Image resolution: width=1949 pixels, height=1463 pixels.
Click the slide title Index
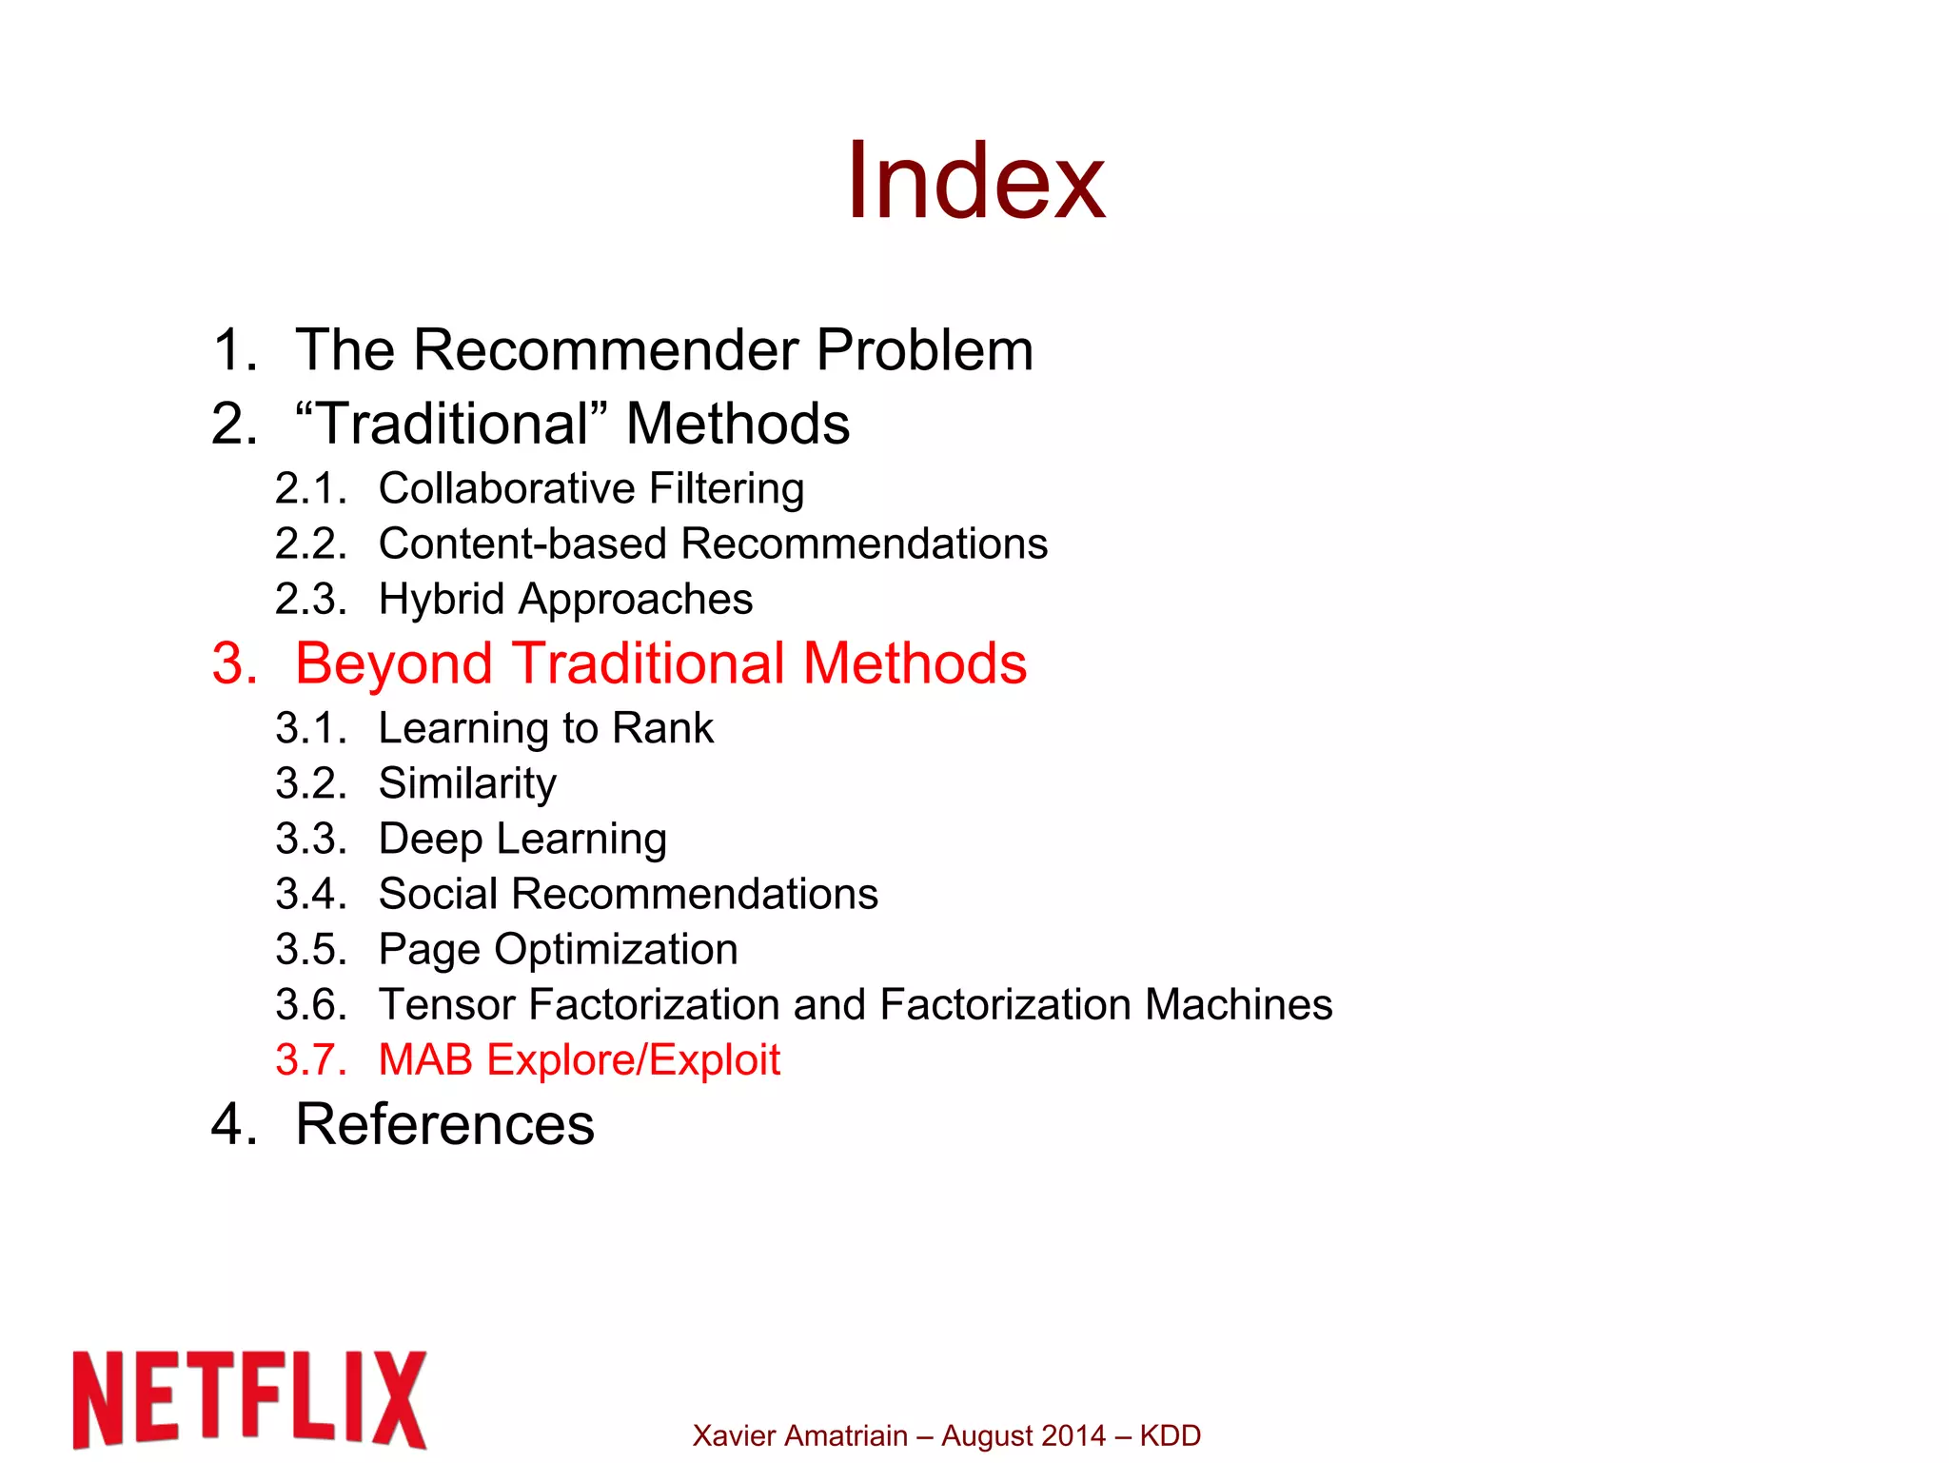tap(975, 181)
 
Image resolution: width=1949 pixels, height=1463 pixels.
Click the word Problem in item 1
tap(924, 350)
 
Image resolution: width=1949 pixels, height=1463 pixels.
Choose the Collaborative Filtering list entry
tap(591, 488)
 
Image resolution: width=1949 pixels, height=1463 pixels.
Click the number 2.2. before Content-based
tap(310, 544)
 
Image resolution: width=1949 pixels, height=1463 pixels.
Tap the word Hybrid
tap(441, 600)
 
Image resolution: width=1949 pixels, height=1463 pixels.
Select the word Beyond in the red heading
tap(394, 663)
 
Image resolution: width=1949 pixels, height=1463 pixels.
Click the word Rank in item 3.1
tap(662, 728)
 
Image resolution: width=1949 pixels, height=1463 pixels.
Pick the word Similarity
tap(467, 784)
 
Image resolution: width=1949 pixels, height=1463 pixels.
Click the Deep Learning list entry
tap(522, 840)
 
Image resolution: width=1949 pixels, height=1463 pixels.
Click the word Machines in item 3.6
tap(1238, 1005)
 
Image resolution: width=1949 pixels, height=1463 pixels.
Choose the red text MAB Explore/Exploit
tap(579, 1060)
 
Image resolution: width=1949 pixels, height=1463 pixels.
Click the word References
tap(444, 1125)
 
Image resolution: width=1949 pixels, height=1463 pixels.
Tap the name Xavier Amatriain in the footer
tap(799, 1435)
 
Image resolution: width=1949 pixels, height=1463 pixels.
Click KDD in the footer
tap(1170, 1435)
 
